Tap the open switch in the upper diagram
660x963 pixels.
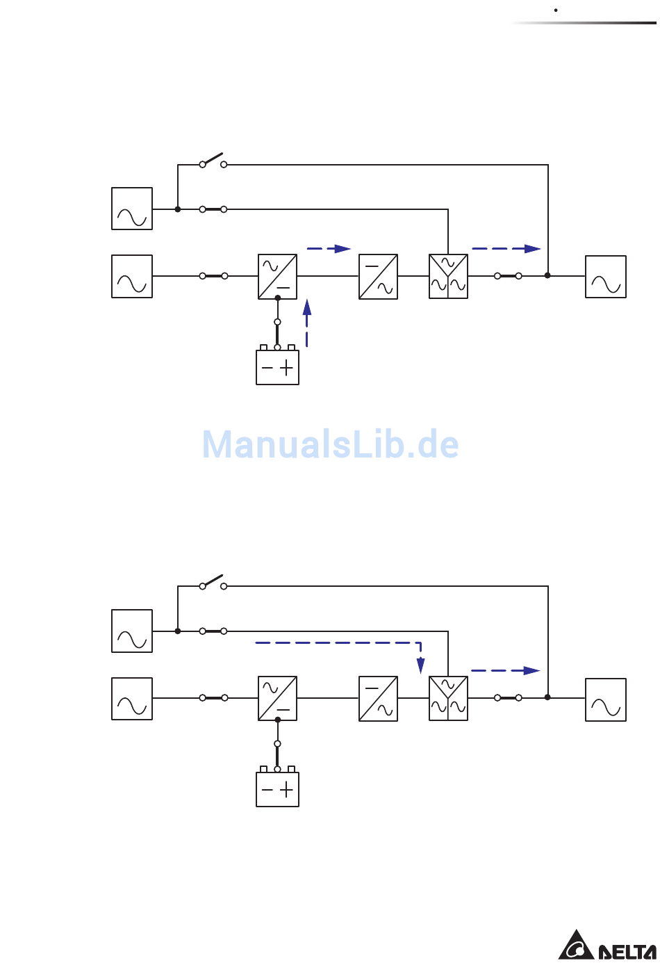[x=213, y=161]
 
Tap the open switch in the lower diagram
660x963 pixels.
[x=213, y=582]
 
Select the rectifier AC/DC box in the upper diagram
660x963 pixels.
[x=277, y=277]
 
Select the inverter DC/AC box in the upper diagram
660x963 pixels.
[x=378, y=277]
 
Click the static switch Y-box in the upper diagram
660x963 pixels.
[x=448, y=277]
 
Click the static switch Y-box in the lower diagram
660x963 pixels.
[x=448, y=698]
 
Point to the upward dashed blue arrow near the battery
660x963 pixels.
[x=307, y=323]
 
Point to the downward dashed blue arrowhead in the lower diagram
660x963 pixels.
[x=421, y=665]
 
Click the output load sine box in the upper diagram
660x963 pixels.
[x=605, y=277]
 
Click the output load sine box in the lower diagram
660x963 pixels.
[x=605, y=699]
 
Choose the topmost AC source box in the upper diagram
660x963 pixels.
[x=132, y=209]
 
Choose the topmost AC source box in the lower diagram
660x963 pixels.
[x=132, y=631]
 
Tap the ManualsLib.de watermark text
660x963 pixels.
[x=330, y=444]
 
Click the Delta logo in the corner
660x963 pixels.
[x=607, y=945]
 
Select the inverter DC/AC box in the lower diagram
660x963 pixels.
[x=378, y=698]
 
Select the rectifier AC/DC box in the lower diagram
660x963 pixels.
[x=277, y=698]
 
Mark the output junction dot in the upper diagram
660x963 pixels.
[x=547, y=275]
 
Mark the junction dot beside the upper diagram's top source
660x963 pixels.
[x=178, y=209]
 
